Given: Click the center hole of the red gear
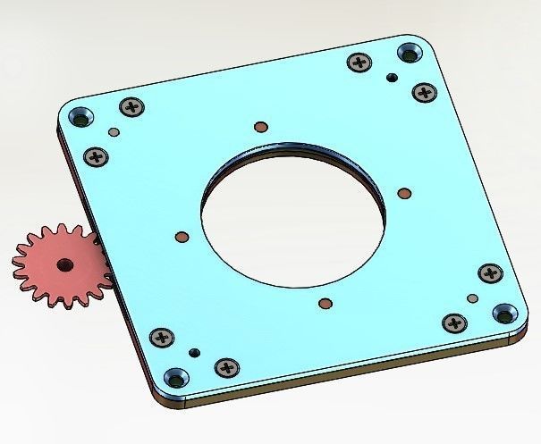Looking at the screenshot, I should (x=63, y=264).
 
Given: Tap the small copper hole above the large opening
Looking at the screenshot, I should (x=259, y=126).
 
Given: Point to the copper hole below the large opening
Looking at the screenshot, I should (x=325, y=304).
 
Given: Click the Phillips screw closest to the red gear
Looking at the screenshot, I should (x=96, y=156).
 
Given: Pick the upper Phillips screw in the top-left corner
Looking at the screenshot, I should (x=132, y=106).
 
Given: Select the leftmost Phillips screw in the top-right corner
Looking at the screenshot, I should (x=360, y=63).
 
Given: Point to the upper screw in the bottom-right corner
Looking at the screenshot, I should (x=490, y=272).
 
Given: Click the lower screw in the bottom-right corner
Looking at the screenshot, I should (x=455, y=322).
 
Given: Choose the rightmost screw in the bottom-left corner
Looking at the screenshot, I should (x=225, y=367).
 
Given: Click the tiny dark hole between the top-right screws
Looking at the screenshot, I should (x=391, y=78).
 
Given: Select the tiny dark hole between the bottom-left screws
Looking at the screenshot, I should (x=194, y=352).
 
